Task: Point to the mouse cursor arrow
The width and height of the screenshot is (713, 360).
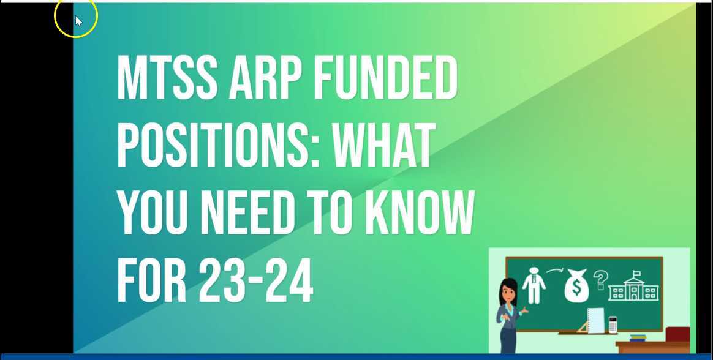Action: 78,21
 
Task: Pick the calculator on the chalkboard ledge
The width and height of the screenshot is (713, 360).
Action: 613,324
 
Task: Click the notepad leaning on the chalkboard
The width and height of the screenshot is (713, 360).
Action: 595,320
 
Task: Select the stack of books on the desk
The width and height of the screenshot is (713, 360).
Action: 638,337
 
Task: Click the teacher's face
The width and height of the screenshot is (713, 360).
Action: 508,293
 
